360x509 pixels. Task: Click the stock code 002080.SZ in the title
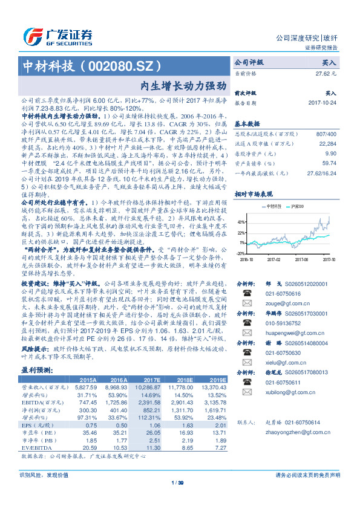[134, 66]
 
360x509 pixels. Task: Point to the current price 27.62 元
[326, 73]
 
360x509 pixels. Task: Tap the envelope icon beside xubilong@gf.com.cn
[246, 392]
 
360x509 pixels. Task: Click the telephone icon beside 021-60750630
[246, 352]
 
